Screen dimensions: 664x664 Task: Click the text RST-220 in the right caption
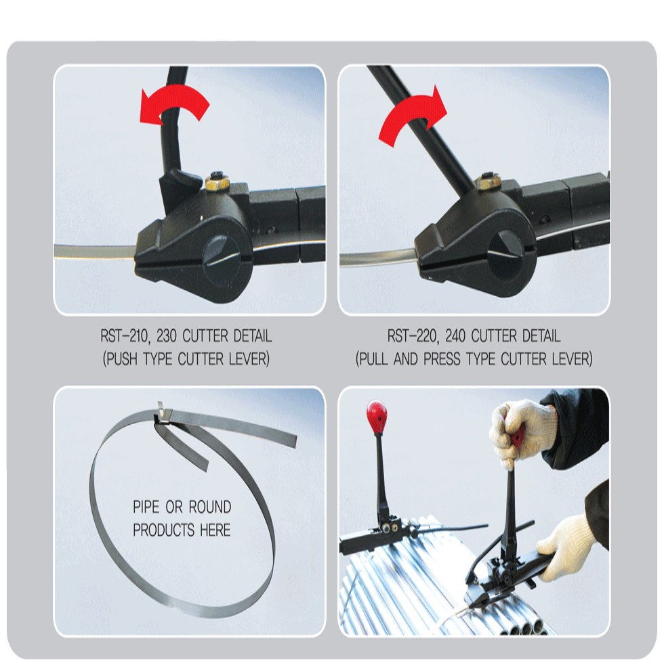(411, 337)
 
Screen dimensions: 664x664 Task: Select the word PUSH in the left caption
(121, 360)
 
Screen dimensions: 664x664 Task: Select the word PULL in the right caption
(373, 360)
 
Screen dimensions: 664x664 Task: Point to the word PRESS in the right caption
(442, 360)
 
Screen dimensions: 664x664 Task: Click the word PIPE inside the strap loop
(146, 507)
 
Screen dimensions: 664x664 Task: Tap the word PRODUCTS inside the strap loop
(164, 530)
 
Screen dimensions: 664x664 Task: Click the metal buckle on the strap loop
(163, 413)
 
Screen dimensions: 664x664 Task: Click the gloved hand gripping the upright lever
(521, 432)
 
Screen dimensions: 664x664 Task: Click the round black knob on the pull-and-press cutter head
(507, 251)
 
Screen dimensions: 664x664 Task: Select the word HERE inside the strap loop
(215, 530)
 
